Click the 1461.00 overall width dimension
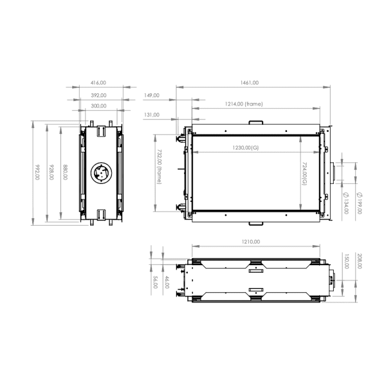(x=249, y=82)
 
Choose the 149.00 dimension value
(x=152, y=95)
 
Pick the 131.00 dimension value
(x=152, y=115)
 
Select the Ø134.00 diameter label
(x=346, y=201)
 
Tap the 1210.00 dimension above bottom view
(x=251, y=242)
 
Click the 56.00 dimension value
(x=155, y=282)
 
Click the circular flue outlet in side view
(x=101, y=173)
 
